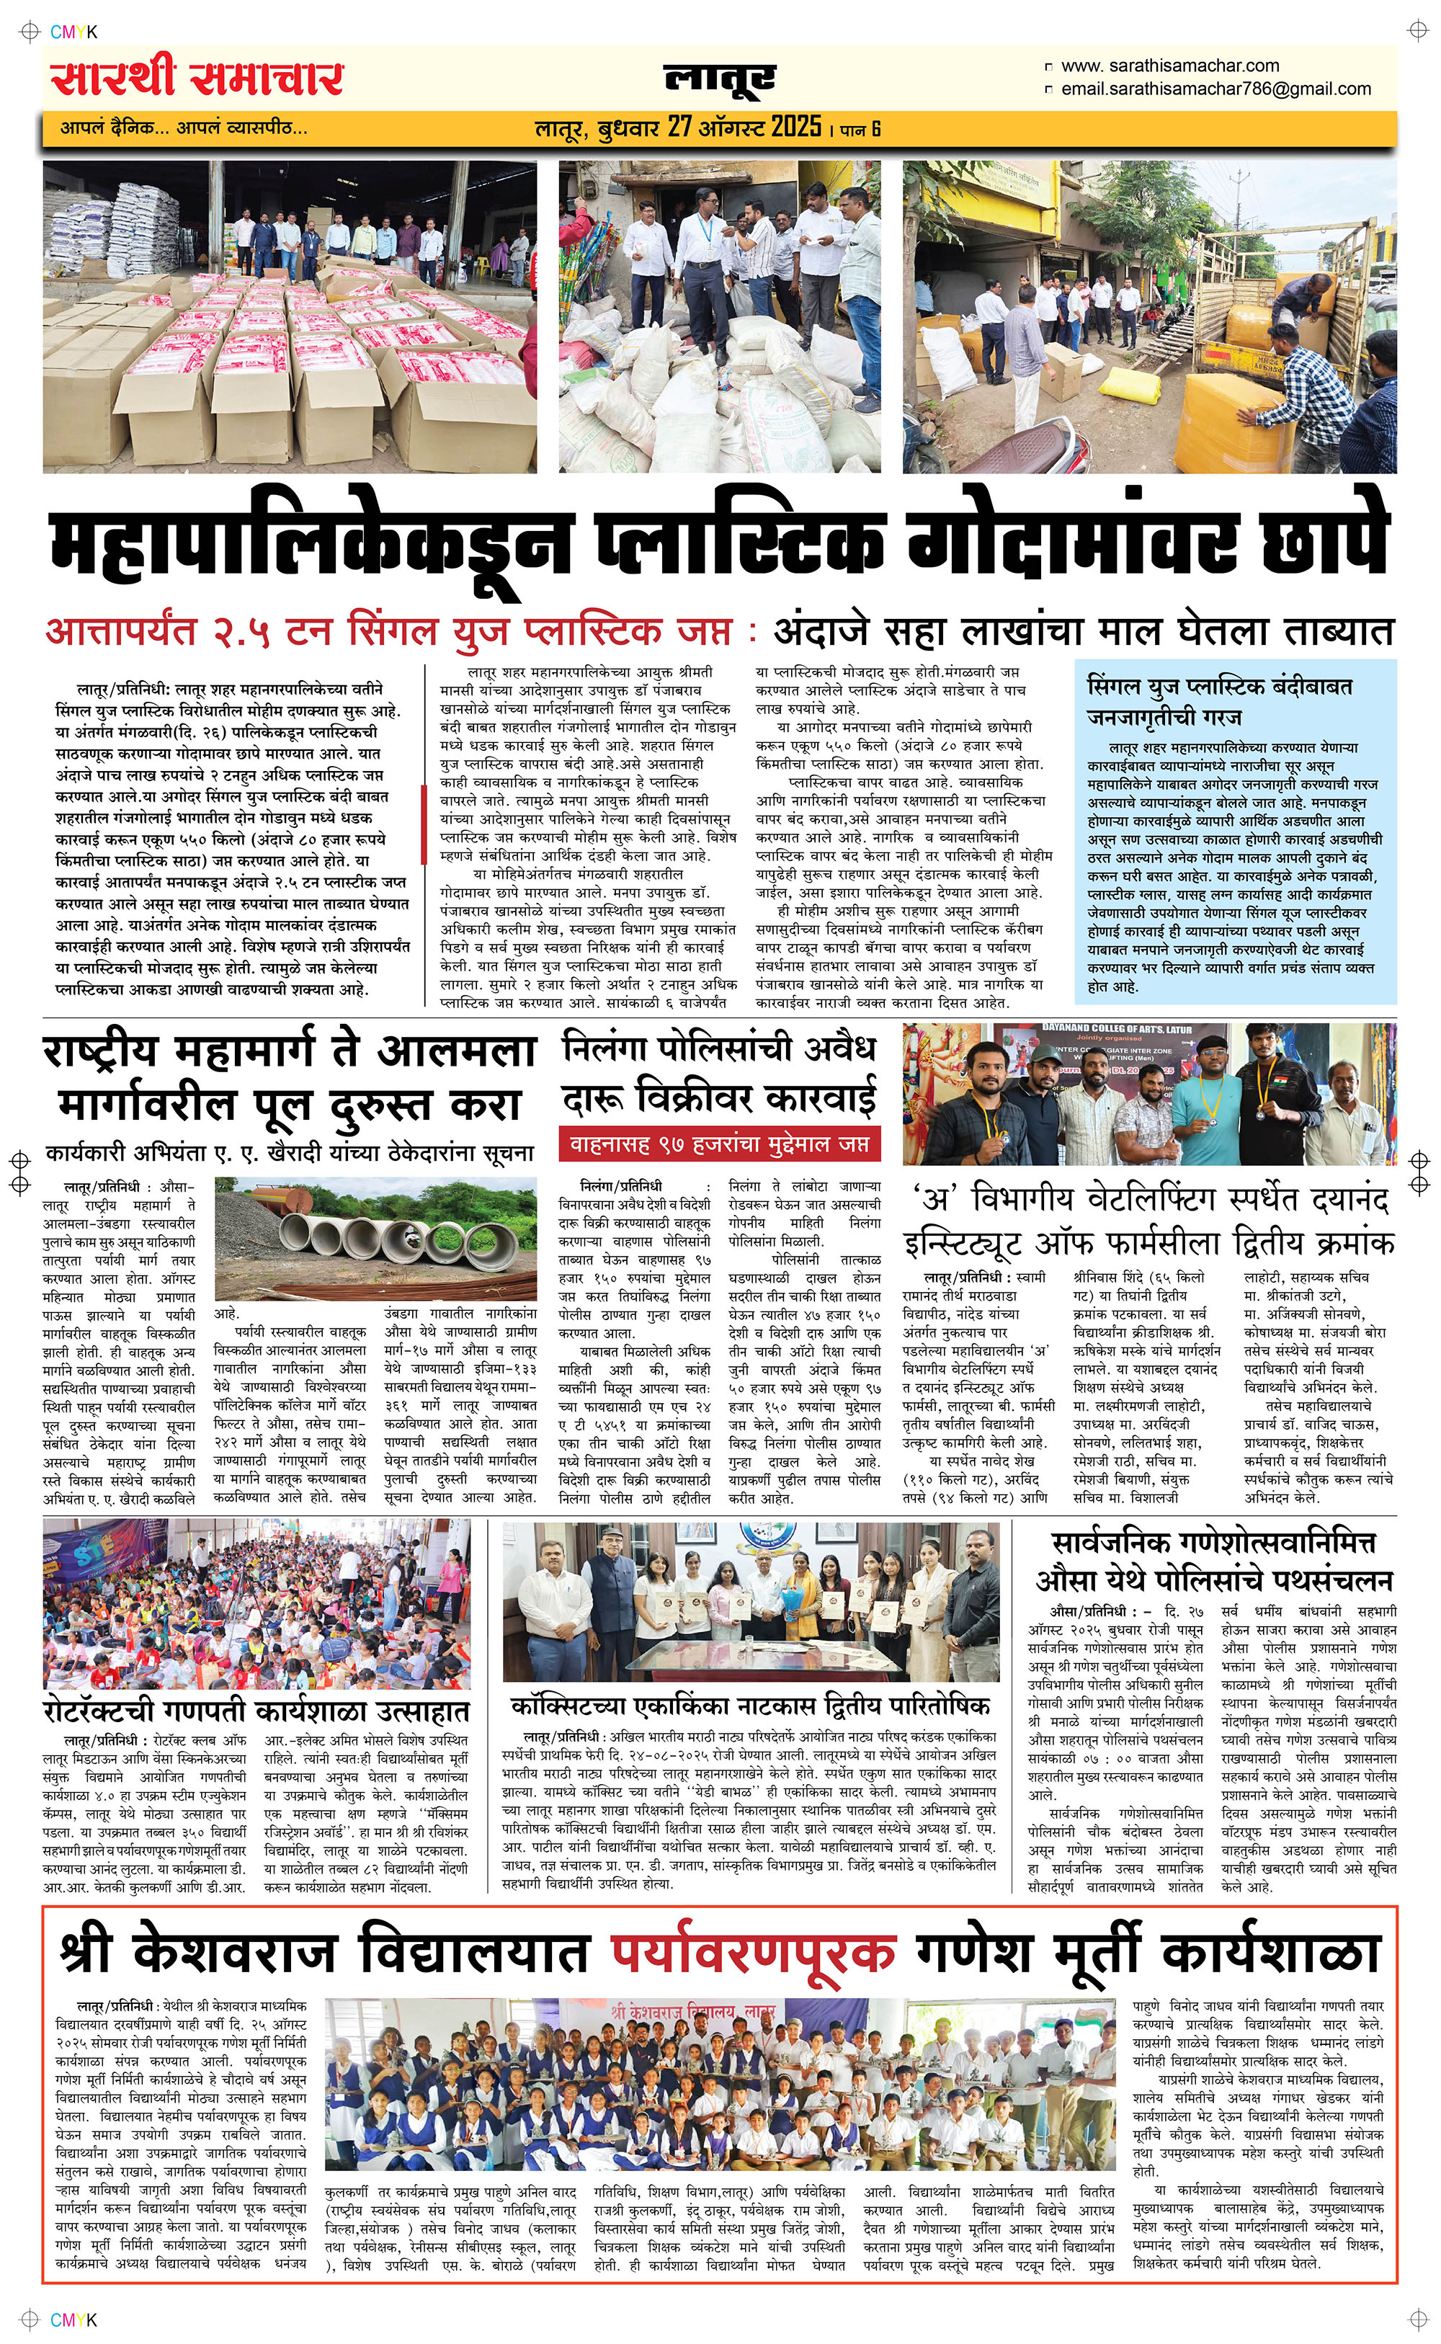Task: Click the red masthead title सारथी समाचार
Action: tap(197, 78)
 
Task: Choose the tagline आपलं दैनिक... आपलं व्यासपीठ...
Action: tap(184, 127)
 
